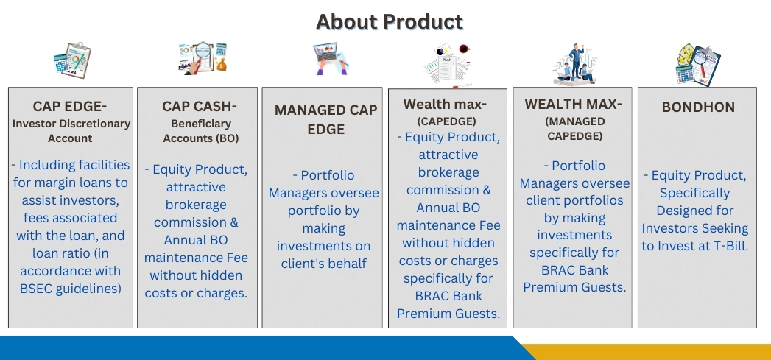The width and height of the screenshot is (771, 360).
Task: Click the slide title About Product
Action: (390, 21)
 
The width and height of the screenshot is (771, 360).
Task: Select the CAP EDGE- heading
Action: (71, 106)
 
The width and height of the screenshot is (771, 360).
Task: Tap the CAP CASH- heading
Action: (196, 106)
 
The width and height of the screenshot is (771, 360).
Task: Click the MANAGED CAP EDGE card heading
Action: (325, 119)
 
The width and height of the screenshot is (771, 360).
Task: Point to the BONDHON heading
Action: (698, 107)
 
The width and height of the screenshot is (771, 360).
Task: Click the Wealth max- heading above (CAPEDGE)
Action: (445, 105)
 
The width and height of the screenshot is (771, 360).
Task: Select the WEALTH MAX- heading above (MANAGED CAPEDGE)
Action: (574, 105)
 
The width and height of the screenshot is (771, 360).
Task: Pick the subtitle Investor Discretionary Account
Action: (71, 131)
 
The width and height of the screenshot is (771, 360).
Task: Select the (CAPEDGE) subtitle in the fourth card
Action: (447, 121)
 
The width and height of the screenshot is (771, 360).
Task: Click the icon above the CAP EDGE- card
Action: (71, 60)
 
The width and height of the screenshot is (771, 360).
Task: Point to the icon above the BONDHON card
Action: (697, 65)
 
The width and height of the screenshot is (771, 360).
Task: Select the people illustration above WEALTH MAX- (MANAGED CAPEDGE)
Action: (574, 64)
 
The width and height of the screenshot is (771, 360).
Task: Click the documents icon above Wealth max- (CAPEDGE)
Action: (446, 64)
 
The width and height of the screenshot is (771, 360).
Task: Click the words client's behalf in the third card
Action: (325, 264)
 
